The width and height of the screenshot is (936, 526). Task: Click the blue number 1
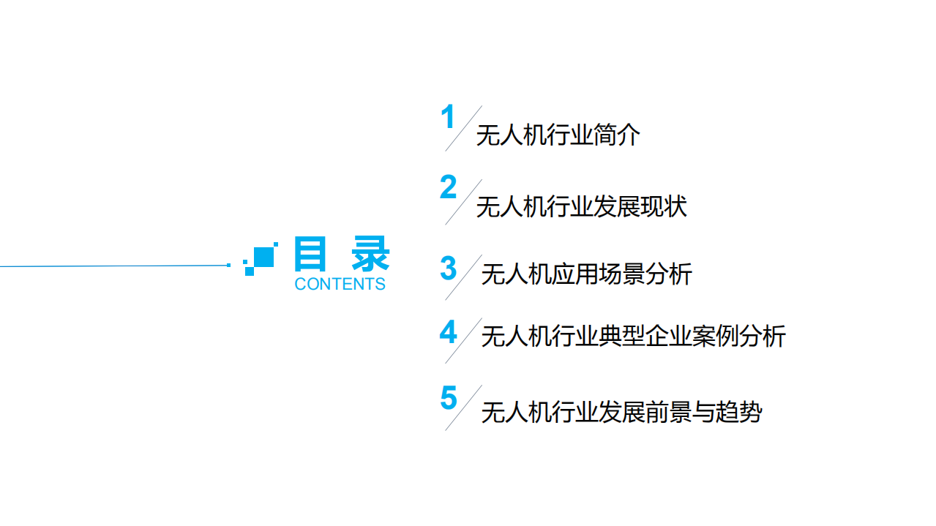(x=448, y=119)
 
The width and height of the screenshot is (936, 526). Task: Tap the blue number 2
(x=448, y=188)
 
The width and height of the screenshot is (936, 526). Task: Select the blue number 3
(x=448, y=268)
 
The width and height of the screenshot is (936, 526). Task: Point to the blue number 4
(x=448, y=333)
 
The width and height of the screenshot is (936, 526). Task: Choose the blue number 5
(x=448, y=399)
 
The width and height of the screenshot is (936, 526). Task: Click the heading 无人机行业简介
(x=558, y=136)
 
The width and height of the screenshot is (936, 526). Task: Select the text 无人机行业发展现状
(x=581, y=207)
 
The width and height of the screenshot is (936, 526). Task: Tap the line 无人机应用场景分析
(x=586, y=274)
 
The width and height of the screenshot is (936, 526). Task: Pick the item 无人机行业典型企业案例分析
(x=633, y=337)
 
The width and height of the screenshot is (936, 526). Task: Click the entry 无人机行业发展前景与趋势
(x=621, y=413)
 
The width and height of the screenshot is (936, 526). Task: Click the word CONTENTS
(x=340, y=284)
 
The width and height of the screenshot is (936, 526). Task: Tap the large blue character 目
(x=310, y=255)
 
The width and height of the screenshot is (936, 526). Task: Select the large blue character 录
(x=370, y=255)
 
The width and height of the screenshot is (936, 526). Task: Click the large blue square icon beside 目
(x=263, y=257)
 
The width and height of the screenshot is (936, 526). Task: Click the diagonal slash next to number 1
(x=463, y=128)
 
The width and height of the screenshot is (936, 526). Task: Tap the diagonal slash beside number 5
(x=463, y=407)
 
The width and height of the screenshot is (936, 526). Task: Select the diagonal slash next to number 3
(x=463, y=277)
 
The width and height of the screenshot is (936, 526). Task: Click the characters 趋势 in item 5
(x=738, y=413)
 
